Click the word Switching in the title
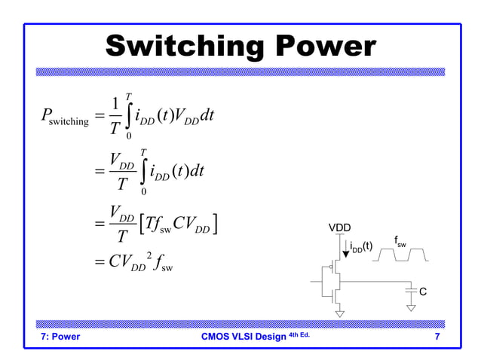(185, 47)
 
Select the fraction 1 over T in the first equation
(115, 117)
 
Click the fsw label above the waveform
(400, 241)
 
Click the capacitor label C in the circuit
(423, 291)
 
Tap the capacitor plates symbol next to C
(410, 290)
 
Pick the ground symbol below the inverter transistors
(340, 313)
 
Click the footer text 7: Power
(60, 337)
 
